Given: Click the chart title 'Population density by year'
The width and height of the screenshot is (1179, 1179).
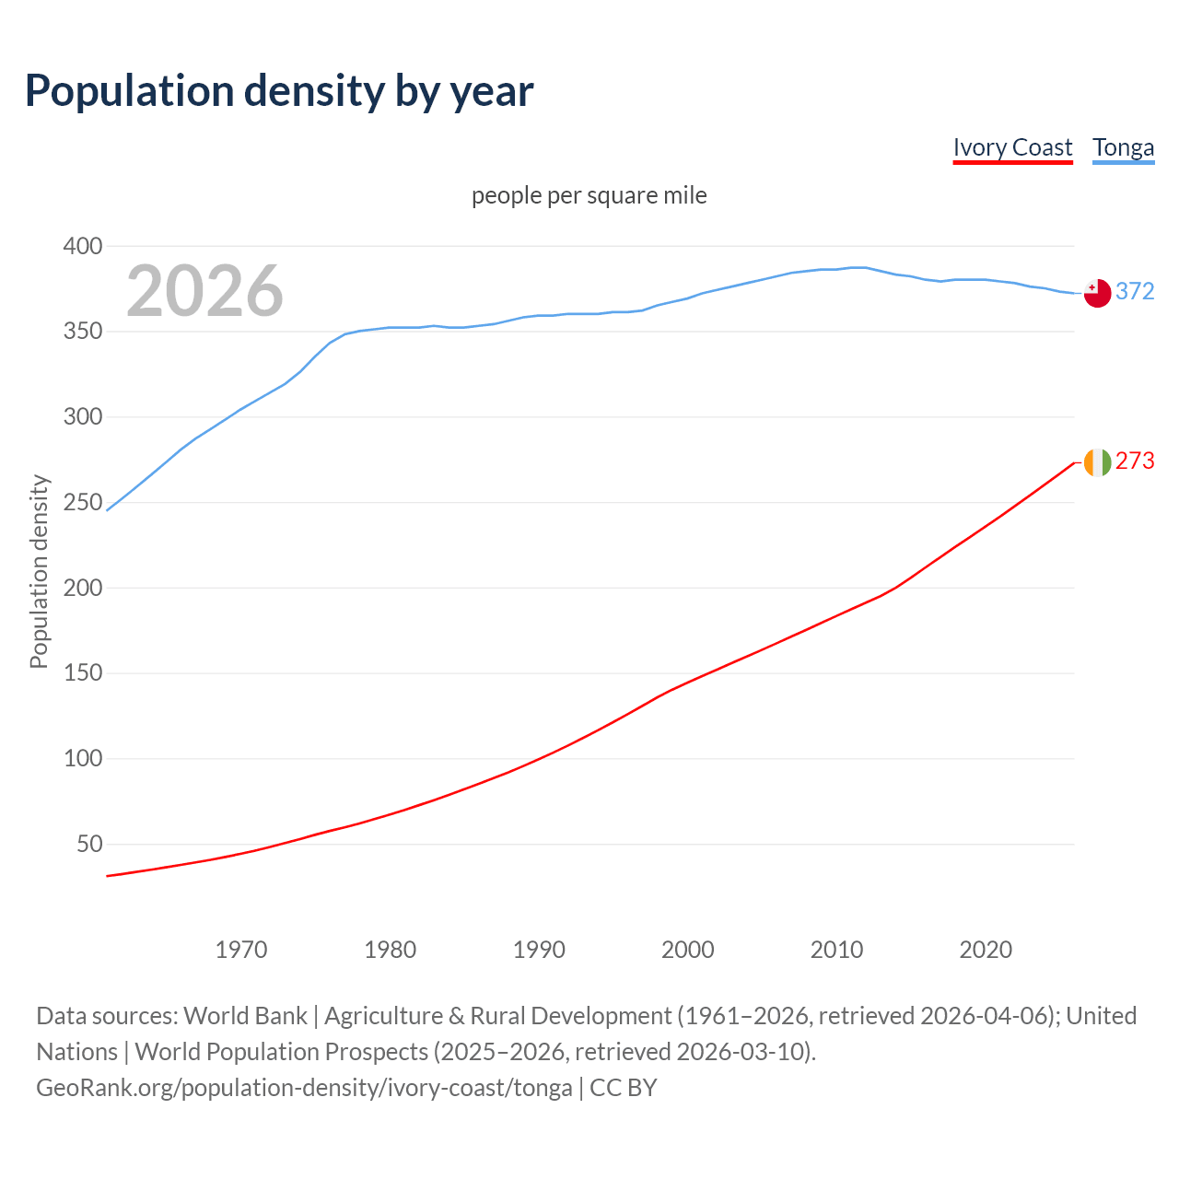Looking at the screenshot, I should (x=279, y=91).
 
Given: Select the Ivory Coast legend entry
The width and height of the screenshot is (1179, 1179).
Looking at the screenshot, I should (x=1012, y=147).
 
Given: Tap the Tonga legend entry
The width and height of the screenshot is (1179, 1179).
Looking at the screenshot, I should (x=1123, y=147).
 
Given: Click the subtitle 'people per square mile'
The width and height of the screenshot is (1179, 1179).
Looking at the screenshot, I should (x=589, y=195).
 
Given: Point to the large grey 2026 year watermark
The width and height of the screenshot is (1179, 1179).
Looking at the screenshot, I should (x=204, y=291).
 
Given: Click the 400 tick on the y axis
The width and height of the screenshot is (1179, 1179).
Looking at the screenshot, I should (x=82, y=246).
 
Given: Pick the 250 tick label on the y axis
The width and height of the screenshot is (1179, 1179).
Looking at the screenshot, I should (x=82, y=503).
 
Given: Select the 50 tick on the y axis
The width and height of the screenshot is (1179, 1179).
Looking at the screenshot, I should (x=88, y=845).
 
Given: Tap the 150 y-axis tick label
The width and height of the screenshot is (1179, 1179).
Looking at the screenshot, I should (x=82, y=673).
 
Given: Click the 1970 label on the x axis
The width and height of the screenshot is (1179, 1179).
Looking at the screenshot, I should (x=241, y=950).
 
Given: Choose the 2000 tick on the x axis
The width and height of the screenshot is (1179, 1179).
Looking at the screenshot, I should (x=687, y=950).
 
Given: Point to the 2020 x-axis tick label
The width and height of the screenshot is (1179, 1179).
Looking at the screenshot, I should (x=985, y=950).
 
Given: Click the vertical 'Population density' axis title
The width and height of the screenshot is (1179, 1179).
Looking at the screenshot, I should (x=39, y=571).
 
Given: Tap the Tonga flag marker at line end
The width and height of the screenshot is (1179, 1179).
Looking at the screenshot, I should (x=1096, y=293).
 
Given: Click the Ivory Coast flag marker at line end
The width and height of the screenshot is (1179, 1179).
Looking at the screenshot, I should (x=1096, y=462).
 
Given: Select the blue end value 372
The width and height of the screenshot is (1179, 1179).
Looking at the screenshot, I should (x=1135, y=292).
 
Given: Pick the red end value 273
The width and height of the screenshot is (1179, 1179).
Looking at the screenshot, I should (x=1135, y=461).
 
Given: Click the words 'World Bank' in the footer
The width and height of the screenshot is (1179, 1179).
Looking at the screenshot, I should (x=245, y=1016).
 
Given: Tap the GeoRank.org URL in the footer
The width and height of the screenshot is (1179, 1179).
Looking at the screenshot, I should (x=304, y=1088).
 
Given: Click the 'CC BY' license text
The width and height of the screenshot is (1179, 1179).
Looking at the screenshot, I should (x=624, y=1088).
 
